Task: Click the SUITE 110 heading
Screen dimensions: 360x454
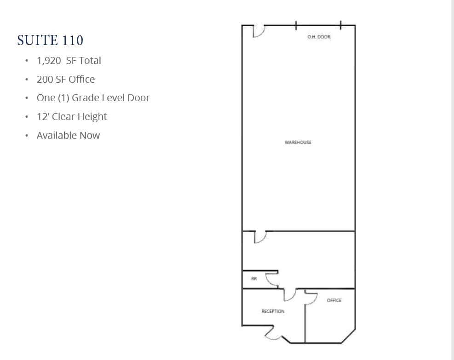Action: click(x=50, y=40)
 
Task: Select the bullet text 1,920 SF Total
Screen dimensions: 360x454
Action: click(x=69, y=61)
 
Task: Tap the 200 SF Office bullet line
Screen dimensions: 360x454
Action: click(x=66, y=80)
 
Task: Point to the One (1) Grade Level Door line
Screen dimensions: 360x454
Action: click(x=93, y=98)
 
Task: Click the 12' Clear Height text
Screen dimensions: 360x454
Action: click(x=72, y=117)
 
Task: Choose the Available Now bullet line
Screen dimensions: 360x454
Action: click(x=68, y=136)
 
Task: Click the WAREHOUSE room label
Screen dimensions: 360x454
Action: click(x=298, y=143)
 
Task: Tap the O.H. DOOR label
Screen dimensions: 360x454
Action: click(x=319, y=37)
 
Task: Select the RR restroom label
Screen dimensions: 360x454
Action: click(x=253, y=279)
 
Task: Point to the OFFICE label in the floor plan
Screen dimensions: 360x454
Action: click(x=334, y=301)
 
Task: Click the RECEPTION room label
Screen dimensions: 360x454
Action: click(x=273, y=312)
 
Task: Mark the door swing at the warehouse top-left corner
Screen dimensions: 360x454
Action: click(x=259, y=31)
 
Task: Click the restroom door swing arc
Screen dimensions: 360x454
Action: click(x=272, y=279)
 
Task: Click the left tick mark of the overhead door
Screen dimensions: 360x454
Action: click(x=296, y=25)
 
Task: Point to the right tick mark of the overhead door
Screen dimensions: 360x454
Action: click(x=340, y=25)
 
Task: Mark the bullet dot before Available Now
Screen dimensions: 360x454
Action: click(x=27, y=136)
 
